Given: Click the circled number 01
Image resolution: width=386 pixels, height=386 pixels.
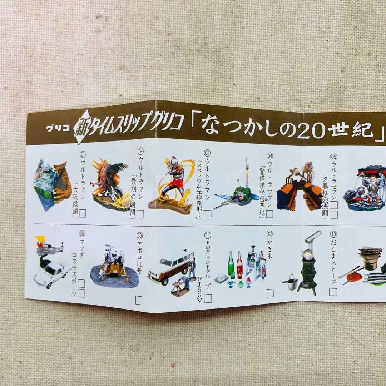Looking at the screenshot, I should tap(83, 155).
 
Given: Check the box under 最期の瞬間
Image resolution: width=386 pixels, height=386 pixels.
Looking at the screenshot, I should tap(140, 214).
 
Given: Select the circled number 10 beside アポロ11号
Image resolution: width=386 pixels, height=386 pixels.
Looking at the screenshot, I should tap(139, 236).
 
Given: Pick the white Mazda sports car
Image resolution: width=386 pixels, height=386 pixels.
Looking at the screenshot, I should tap(52, 273).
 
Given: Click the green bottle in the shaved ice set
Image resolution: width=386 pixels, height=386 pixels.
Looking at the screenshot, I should tap(231, 264).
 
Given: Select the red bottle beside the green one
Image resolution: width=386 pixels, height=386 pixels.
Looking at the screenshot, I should tap(239, 264).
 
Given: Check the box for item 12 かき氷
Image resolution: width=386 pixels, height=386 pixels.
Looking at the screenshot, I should tap(270, 293).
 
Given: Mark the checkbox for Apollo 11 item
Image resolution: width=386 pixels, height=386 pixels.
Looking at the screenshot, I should tap(139, 301).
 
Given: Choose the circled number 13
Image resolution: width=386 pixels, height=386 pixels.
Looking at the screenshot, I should tap(333, 234).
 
